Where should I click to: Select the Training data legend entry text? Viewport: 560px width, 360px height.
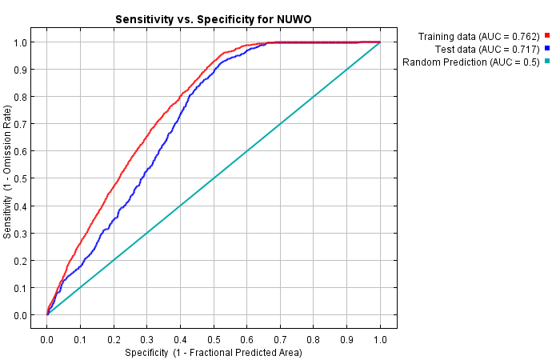coord(478,36)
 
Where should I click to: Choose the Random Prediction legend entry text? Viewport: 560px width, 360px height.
coord(471,62)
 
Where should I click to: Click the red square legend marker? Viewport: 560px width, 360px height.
coord(547,36)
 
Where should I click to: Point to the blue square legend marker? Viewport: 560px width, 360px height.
coord(547,49)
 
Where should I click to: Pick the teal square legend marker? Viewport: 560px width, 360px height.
coord(547,62)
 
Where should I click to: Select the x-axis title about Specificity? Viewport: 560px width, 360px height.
coord(213,352)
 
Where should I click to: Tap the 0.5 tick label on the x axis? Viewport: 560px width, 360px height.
coord(214,339)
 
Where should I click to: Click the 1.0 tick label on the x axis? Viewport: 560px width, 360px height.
coord(380,339)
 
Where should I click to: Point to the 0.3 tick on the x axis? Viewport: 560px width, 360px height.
coord(147,339)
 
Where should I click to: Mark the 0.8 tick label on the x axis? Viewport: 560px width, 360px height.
coord(314,339)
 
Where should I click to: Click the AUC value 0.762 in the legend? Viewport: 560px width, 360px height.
coord(525,36)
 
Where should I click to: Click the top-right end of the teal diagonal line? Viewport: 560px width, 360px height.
coord(380,42)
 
